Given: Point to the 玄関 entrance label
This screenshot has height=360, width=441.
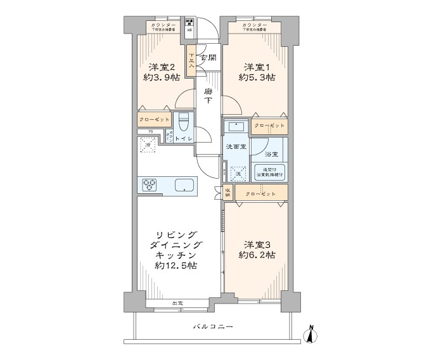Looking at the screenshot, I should pyautogui.click(x=208, y=58).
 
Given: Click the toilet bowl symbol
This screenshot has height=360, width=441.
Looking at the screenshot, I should pyautogui.click(x=184, y=121).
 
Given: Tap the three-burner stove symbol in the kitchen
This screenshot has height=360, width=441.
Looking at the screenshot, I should pyautogui.click(x=150, y=184).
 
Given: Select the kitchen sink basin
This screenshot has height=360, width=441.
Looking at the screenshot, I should pyautogui.click(x=184, y=185).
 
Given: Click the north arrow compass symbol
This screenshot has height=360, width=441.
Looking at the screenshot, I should pyautogui.click(x=310, y=334).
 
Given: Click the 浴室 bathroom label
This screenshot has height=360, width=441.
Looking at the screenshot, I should pyautogui.click(x=271, y=153).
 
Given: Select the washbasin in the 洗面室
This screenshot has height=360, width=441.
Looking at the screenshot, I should pyautogui.click(x=236, y=125).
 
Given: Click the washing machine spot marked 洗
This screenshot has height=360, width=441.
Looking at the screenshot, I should pyautogui.click(x=238, y=173).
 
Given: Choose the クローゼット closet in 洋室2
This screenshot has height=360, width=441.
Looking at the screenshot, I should pyautogui.click(x=155, y=120).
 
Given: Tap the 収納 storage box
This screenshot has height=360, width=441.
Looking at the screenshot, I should pyautogui.click(x=227, y=193).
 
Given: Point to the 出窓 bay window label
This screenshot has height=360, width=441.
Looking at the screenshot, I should pyautogui.click(x=177, y=304).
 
